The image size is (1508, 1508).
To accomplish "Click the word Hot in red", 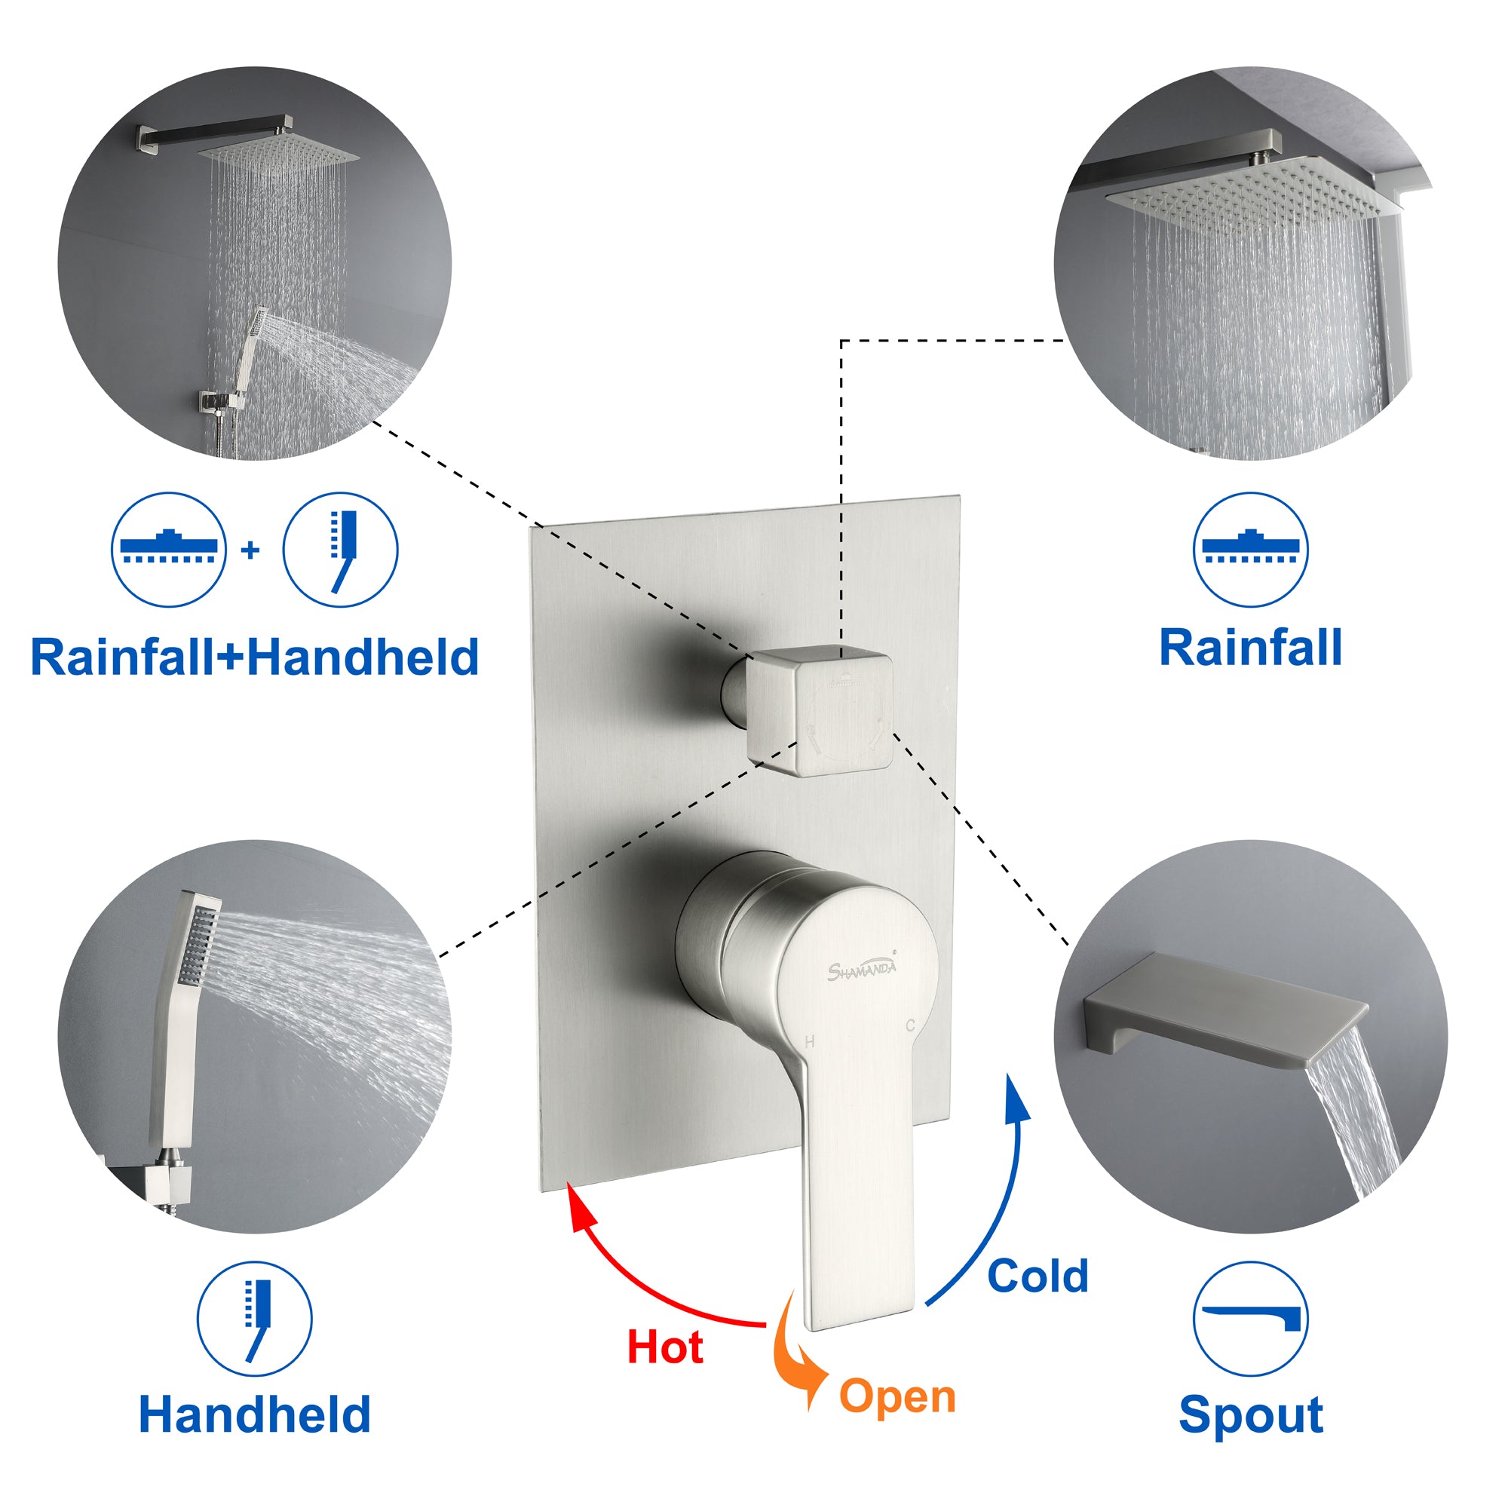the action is (x=665, y=1347).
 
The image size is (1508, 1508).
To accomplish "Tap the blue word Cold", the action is (x=1038, y=1276).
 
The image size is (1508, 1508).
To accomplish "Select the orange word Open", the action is (x=897, y=1397).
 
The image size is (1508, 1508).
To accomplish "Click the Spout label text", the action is (x=1250, y=1414).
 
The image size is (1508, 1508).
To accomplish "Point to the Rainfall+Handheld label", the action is (x=254, y=657).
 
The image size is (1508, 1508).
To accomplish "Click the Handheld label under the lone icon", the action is (x=254, y=1414).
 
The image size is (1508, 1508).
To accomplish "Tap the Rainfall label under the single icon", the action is (x=1250, y=647).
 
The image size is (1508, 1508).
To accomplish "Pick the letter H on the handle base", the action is (x=809, y=1041).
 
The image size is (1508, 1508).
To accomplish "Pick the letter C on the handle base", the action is (x=910, y=1025).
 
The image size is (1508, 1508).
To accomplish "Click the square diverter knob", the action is (x=820, y=710).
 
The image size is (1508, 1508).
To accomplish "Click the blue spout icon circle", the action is (x=1250, y=1319).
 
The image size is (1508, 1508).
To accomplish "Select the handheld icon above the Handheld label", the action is (x=254, y=1319).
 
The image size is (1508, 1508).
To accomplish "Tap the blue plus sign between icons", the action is (x=250, y=550).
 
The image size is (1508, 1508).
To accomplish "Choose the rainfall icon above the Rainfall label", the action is (x=1250, y=550).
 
